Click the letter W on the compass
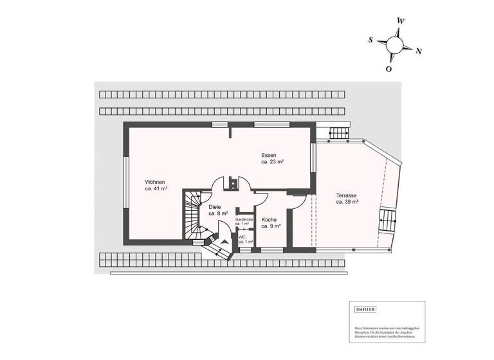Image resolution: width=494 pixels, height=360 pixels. pyautogui.click(x=401, y=21)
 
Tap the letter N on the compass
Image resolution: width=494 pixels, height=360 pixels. pyautogui.click(x=419, y=51)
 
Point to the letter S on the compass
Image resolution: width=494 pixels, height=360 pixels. pyautogui.click(x=370, y=39)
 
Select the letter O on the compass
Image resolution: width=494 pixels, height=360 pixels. pyautogui.click(x=389, y=69)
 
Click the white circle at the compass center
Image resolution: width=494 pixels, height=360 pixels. pyautogui.click(x=395, y=44)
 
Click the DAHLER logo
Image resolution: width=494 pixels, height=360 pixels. pyautogui.click(x=366, y=310)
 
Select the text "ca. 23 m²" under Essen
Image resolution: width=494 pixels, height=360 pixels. pyautogui.click(x=273, y=162)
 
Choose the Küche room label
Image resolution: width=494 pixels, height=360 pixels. pyautogui.click(x=269, y=219)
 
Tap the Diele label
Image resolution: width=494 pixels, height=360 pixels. pyautogui.click(x=215, y=207)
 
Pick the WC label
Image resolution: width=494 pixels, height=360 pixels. pyautogui.click(x=242, y=237)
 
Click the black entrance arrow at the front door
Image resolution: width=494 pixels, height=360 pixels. pyautogui.click(x=224, y=243)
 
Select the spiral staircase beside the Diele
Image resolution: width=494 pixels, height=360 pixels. pyautogui.click(x=194, y=215)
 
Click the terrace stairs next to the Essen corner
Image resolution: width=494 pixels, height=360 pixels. pyautogui.click(x=338, y=133)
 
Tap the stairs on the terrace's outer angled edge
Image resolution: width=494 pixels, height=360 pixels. pyautogui.click(x=388, y=222)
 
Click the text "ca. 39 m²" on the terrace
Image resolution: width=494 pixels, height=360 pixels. pyautogui.click(x=347, y=202)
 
